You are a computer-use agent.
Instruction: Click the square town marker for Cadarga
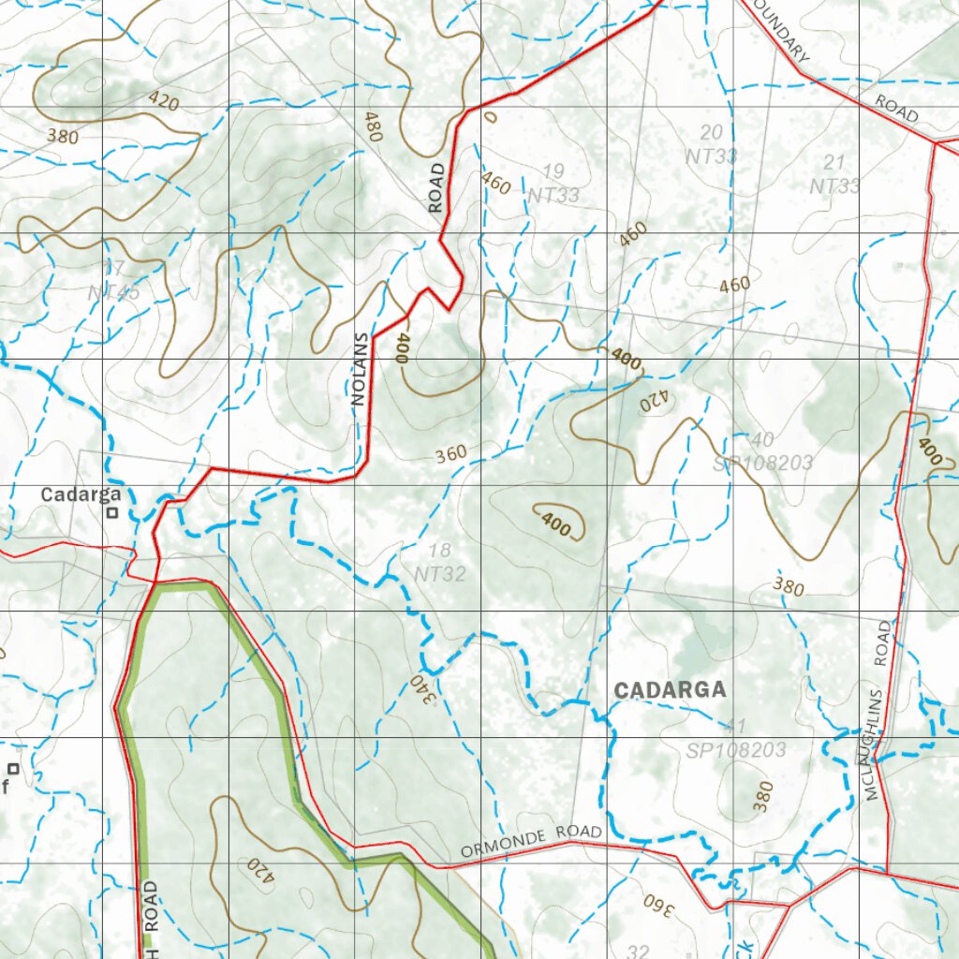(x=112, y=512)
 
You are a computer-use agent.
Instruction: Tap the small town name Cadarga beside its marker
(x=81, y=494)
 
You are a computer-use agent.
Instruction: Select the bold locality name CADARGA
(x=670, y=690)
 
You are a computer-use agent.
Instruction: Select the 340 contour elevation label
(x=423, y=691)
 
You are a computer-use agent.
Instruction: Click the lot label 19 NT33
(x=553, y=183)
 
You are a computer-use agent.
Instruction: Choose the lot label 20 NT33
(x=712, y=144)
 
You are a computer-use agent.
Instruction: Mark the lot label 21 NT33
(x=834, y=174)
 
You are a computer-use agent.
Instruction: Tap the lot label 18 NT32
(x=439, y=562)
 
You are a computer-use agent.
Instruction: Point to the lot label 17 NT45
(x=114, y=281)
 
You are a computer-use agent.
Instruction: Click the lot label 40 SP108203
(x=762, y=451)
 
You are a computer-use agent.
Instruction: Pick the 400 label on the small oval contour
(x=555, y=526)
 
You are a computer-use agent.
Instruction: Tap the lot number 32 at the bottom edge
(x=638, y=951)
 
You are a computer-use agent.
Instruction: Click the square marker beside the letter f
(x=13, y=769)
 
